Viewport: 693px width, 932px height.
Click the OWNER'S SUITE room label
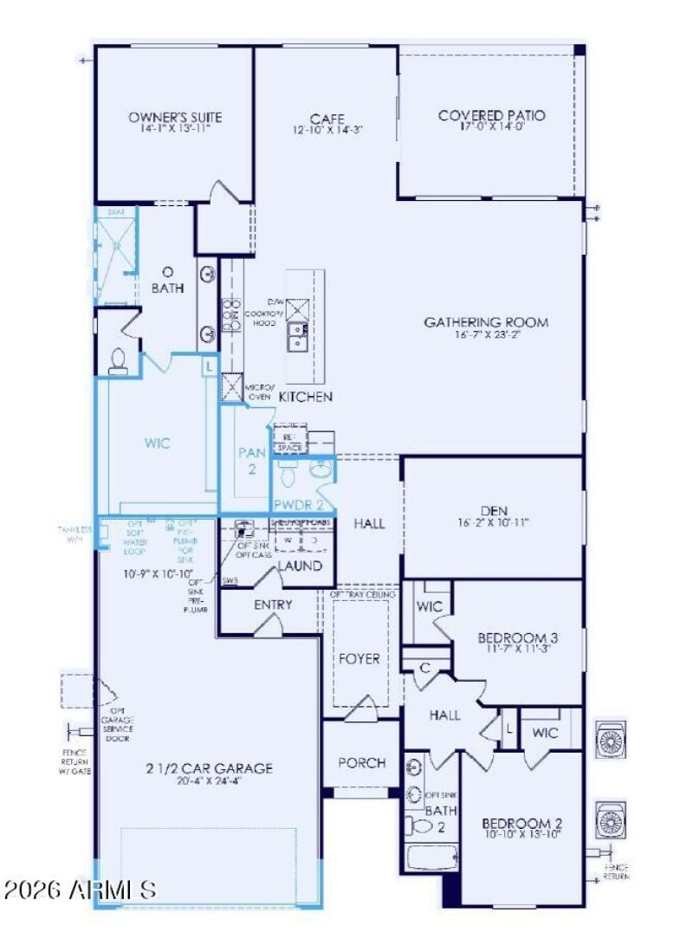164,117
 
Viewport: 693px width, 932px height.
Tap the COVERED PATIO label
492,115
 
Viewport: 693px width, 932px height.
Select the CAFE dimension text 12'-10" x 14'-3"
327,131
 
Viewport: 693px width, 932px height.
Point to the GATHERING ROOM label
486,322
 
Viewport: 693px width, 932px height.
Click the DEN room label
492,510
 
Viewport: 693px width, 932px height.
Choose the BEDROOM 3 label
518,638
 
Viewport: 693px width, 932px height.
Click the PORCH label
361,763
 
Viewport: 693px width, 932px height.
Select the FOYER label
359,658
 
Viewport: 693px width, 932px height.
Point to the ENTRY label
273,605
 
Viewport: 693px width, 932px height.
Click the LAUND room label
300,566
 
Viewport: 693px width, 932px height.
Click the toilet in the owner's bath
119,360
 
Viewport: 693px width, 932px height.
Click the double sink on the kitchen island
297,333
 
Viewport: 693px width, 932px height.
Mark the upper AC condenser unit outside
611,740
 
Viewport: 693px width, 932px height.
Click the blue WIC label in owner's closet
158,443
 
